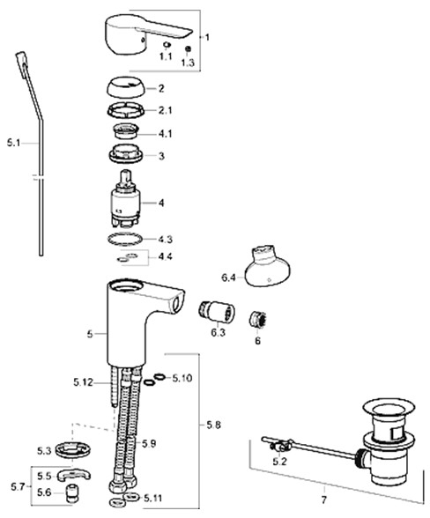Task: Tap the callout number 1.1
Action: tap(166, 56)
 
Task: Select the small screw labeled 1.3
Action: tap(188, 49)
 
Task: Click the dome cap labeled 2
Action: tap(126, 88)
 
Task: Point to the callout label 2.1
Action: tap(165, 110)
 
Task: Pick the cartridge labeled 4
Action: tap(125, 199)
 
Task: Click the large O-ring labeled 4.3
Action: tap(125, 239)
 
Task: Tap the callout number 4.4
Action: tap(165, 256)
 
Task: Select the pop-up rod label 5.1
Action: tap(13, 144)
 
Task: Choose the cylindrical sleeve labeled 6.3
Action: tap(217, 312)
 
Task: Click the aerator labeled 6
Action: tap(258, 320)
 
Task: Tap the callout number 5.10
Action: tap(182, 378)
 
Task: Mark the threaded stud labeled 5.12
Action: tap(113, 387)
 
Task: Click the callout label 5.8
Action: tap(214, 425)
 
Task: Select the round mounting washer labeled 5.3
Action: tap(73, 449)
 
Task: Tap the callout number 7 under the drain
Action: tap(324, 499)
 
